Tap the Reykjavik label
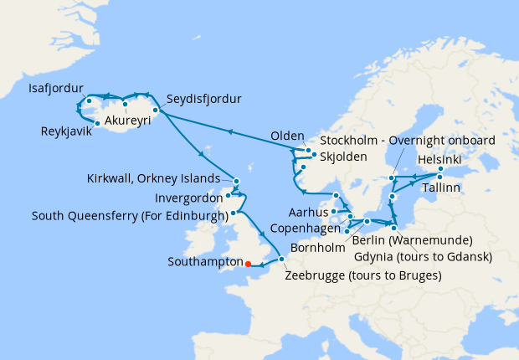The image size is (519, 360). (67, 131)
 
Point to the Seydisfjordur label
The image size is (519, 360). (203, 99)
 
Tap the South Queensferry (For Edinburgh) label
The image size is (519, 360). (129, 215)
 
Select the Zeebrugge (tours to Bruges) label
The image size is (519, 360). (362, 275)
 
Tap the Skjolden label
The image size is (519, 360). (342, 156)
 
